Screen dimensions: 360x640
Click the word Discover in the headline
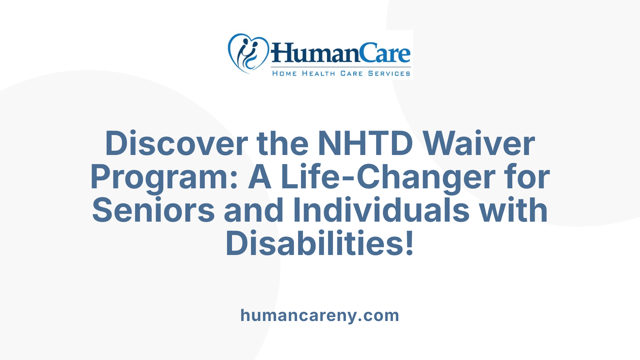point(176,144)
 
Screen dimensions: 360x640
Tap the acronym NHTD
point(365,144)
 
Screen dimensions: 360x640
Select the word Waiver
point(479,144)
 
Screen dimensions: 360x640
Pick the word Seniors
point(153,210)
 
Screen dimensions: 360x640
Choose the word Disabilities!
point(320,244)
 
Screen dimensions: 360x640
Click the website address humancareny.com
point(320,315)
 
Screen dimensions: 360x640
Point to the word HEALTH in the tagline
point(318,74)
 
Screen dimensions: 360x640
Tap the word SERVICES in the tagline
point(389,74)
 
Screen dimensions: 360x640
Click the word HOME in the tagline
point(284,74)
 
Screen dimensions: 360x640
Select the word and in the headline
point(254,210)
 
